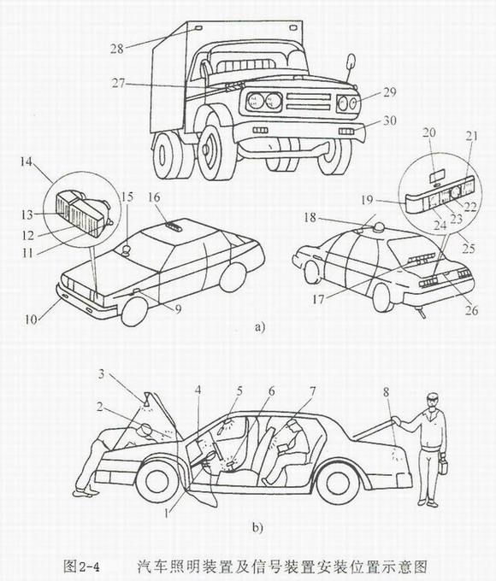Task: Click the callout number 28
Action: click(117, 49)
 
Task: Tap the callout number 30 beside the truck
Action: click(389, 120)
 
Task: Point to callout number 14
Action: click(27, 162)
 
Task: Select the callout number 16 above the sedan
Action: click(154, 197)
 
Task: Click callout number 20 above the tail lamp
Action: click(429, 132)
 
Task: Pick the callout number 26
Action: click(472, 310)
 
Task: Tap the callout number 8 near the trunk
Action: click(387, 392)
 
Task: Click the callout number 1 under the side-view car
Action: click(167, 514)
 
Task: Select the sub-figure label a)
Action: click(260, 327)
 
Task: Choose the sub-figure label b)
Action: click(257, 527)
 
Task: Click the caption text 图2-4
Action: click(81, 566)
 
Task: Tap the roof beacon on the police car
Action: click(379, 228)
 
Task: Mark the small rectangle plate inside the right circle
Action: click(438, 176)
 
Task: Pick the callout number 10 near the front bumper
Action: click(31, 319)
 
